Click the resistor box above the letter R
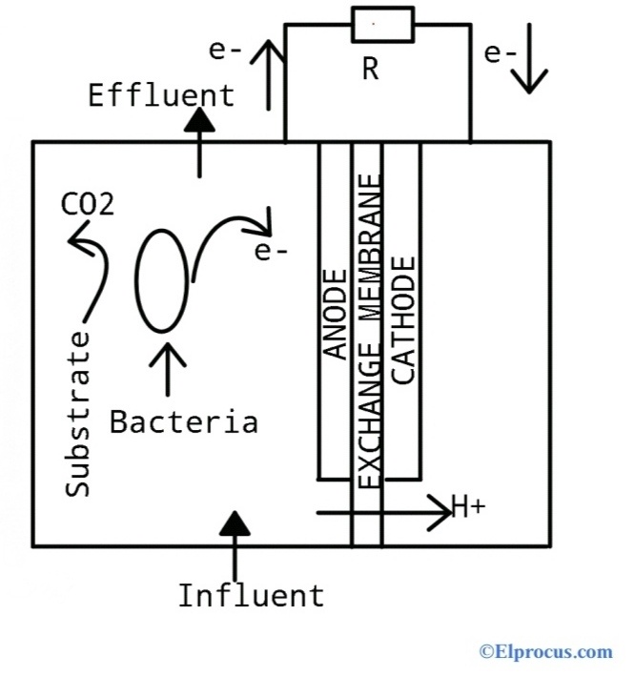point(382,24)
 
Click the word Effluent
point(161,95)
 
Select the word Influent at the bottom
point(251,596)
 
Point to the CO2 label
point(87,204)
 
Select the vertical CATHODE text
point(404,319)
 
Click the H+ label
point(467,508)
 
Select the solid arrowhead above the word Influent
point(236,522)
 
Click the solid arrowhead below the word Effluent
point(198,121)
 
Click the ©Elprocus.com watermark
point(545,652)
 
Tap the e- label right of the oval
point(272,252)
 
